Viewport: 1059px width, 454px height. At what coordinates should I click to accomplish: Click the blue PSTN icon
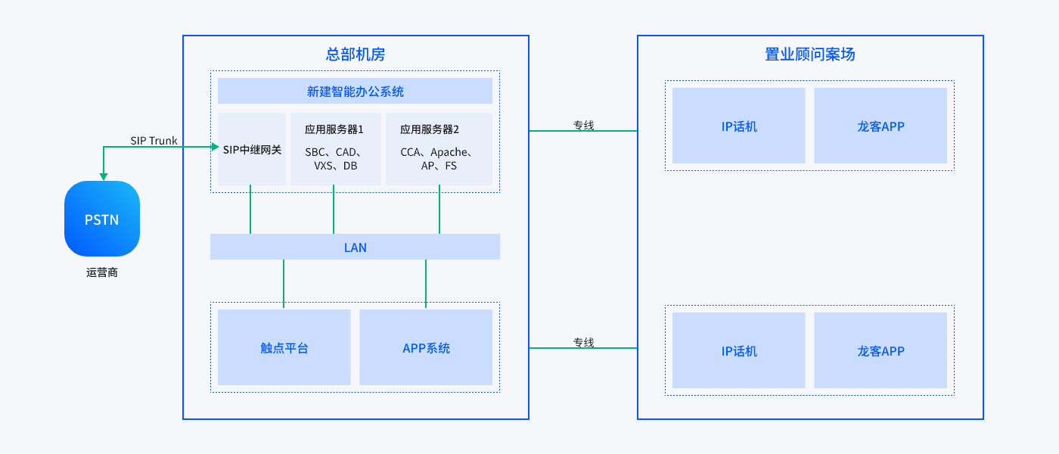coord(102,219)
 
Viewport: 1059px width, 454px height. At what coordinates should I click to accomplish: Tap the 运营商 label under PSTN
coord(102,272)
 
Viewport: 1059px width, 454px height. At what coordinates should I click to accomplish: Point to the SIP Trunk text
coord(154,141)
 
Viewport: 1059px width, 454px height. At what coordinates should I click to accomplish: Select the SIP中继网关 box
coord(252,149)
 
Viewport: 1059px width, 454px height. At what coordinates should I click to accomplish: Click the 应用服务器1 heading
coord(334,129)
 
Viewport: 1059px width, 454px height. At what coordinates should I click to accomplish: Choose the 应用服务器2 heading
coord(430,129)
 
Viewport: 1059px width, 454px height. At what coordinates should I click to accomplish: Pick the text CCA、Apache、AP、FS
coord(439,159)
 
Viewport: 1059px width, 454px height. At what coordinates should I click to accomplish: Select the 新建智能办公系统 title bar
coord(355,91)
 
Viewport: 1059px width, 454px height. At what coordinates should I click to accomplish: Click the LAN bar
coord(355,247)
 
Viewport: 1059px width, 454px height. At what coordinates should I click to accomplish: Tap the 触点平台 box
coord(284,348)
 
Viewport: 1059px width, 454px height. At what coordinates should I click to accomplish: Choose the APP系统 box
coord(426,348)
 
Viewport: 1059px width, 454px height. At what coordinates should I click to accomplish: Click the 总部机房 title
coord(355,54)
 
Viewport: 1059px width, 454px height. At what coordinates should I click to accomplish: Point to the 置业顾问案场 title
coord(810,54)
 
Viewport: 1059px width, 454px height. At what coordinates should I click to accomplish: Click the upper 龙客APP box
coord(880,126)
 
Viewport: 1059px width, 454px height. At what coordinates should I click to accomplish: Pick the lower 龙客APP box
coord(880,350)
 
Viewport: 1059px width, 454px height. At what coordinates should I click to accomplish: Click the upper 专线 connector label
coord(583,125)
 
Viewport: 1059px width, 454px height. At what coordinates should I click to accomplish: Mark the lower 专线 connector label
coord(583,342)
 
